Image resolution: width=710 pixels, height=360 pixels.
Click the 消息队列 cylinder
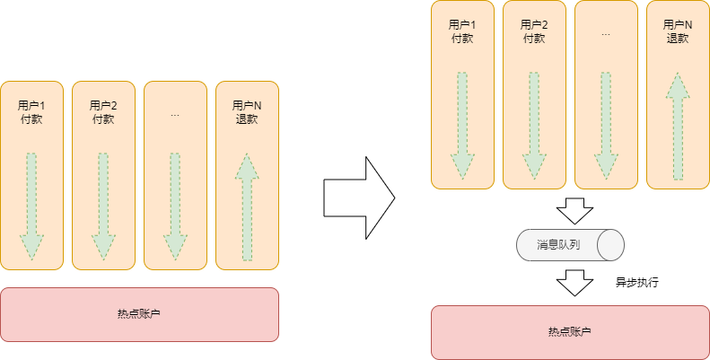coord(570,245)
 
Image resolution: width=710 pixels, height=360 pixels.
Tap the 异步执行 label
coord(636,283)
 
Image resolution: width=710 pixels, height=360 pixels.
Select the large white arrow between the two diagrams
coord(359,198)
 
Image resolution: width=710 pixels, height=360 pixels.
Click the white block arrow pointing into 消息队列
coord(574,211)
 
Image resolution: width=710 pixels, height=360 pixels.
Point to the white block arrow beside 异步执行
coord(574,283)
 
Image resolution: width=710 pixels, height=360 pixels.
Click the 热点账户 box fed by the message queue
coord(570,332)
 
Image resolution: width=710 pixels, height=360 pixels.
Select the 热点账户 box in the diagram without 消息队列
coord(139,314)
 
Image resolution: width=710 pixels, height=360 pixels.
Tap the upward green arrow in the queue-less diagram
coord(247,207)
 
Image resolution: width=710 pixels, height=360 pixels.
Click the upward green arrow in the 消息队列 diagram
coord(678,126)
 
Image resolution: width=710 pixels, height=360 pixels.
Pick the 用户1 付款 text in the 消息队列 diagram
coord(462,31)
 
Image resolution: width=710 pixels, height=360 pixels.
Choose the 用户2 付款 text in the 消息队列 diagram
coord(534,31)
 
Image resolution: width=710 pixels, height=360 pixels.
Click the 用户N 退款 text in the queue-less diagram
coord(247,112)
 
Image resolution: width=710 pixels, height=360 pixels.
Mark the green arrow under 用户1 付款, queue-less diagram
coord(31,207)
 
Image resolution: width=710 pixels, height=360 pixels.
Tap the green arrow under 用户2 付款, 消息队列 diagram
coord(534,126)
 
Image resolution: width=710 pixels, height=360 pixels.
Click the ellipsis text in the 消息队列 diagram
coord(606,34)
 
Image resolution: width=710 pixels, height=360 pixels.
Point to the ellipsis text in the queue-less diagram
coord(175,116)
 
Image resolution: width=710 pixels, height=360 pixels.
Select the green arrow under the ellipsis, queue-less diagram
coord(175,207)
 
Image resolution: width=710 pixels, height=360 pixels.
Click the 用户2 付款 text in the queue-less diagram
coord(103,112)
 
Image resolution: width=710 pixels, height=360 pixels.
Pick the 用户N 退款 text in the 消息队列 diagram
coord(678,31)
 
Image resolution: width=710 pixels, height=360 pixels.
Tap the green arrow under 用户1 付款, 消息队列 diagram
coord(462,126)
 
